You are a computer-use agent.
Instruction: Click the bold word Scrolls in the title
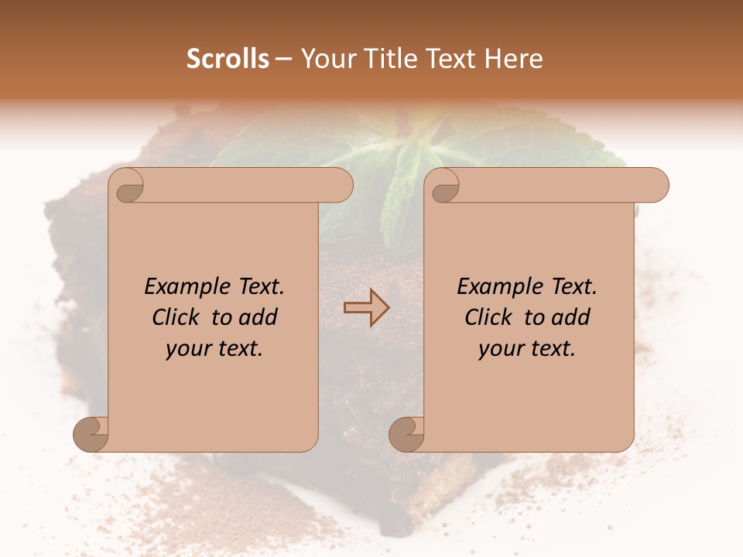[228, 59]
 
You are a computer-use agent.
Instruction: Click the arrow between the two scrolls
[366, 307]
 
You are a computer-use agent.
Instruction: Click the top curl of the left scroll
[128, 186]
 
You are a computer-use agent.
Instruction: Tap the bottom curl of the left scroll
[91, 434]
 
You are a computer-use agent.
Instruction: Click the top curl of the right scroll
[444, 186]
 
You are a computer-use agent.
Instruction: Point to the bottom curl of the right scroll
[406, 434]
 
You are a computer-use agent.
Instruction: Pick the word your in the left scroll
[186, 350]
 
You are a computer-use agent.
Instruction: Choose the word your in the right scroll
[498, 350]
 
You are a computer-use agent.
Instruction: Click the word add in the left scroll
[259, 318]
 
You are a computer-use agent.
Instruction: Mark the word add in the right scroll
[571, 318]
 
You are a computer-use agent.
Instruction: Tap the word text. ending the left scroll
[238, 350]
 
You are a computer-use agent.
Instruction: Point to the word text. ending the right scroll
[551, 350]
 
